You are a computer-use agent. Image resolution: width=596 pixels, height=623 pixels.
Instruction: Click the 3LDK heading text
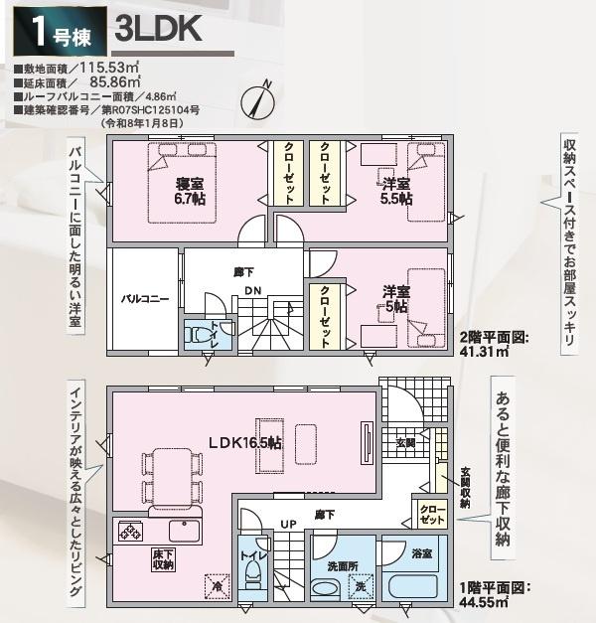[158, 29]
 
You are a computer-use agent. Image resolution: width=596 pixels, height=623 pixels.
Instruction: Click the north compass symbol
[260, 97]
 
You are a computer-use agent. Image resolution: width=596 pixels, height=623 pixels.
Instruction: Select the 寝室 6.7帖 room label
[191, 191]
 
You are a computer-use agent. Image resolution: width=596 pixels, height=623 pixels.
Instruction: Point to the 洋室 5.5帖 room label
[396, 191]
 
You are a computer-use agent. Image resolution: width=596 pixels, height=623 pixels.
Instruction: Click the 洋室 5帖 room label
[396, 299]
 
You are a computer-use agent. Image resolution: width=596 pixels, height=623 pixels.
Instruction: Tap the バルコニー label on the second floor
[145, 298]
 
